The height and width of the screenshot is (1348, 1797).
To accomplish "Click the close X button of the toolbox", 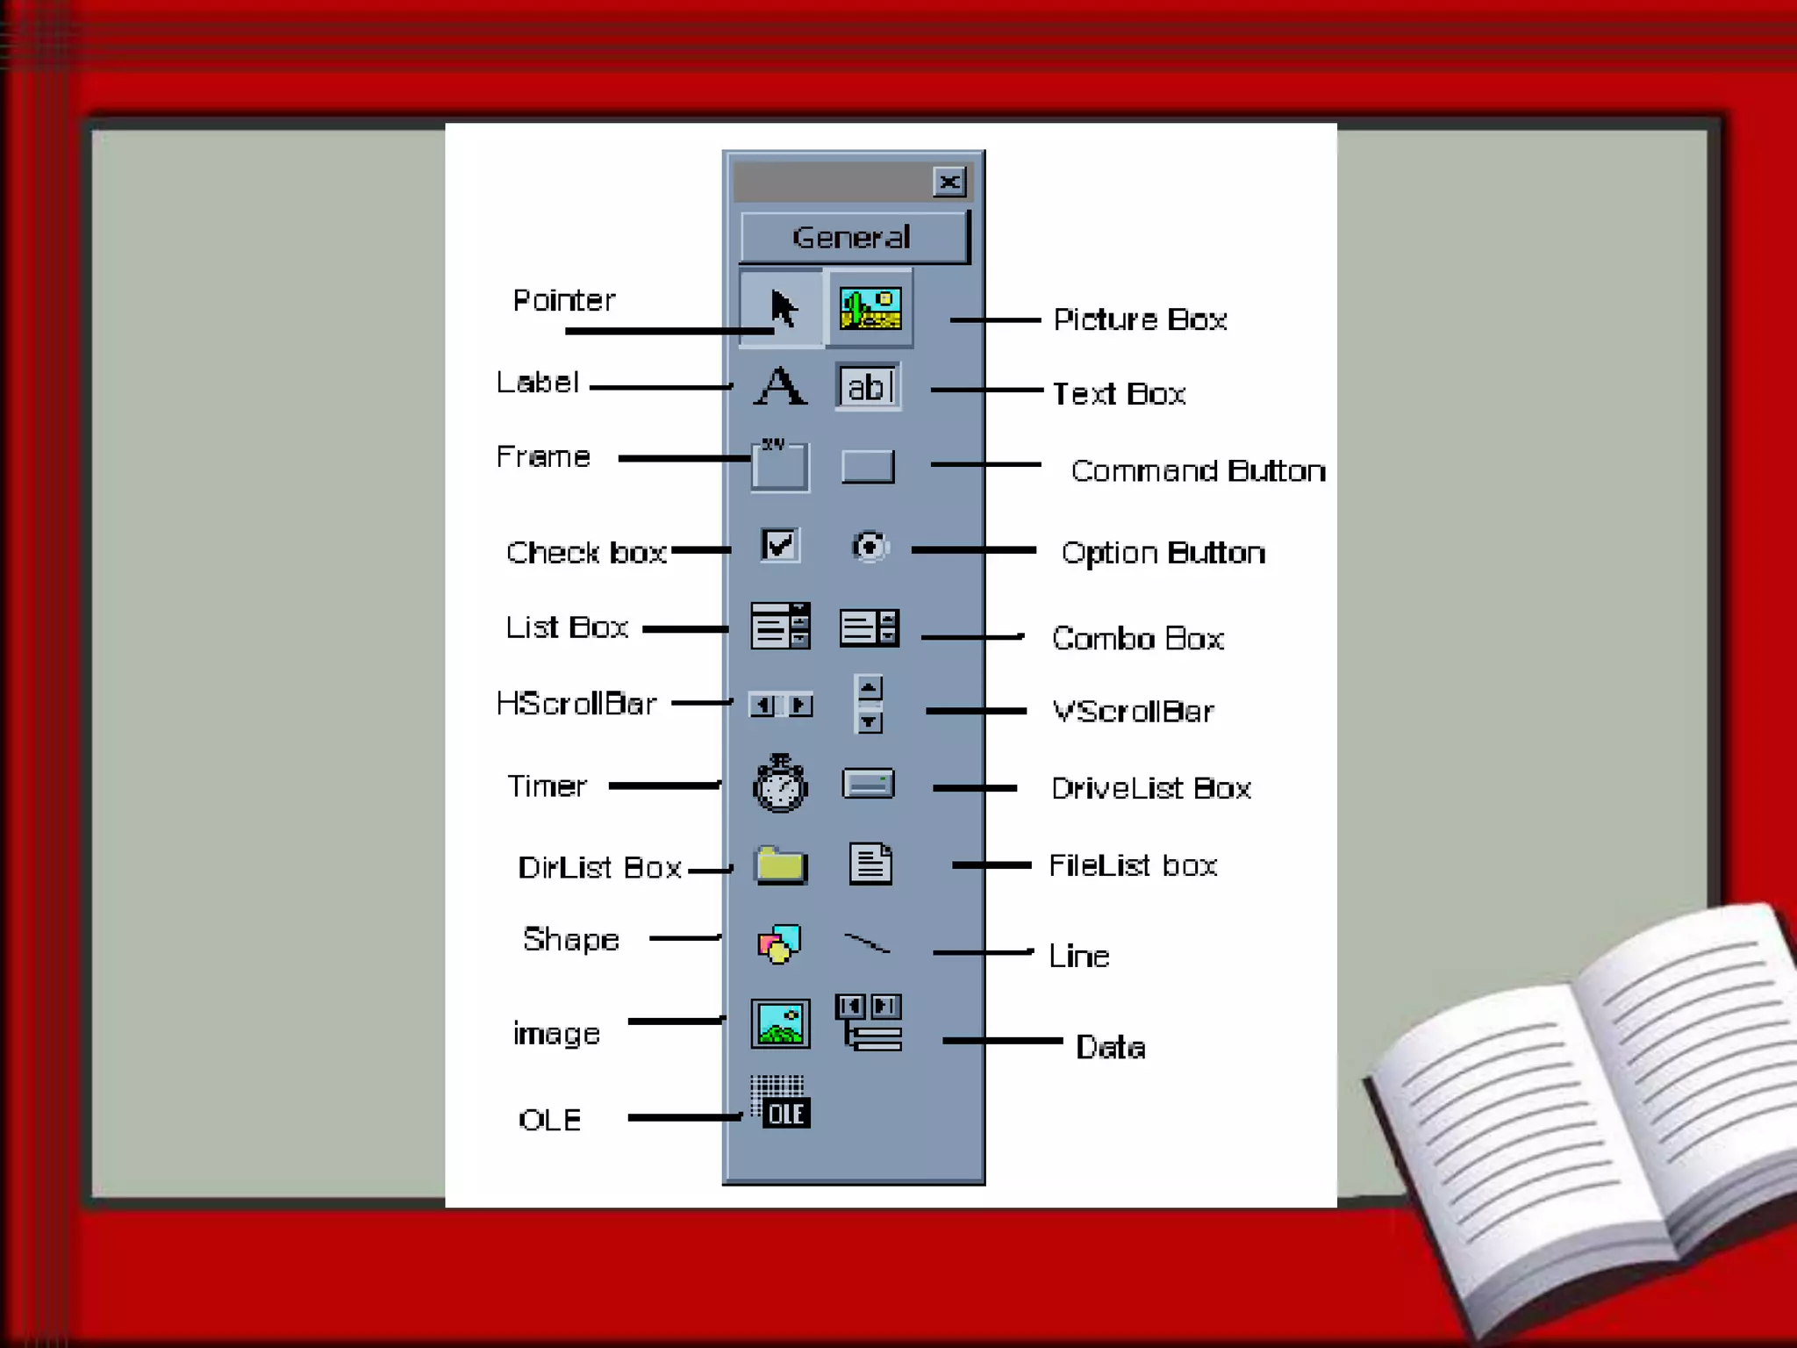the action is (949, 182).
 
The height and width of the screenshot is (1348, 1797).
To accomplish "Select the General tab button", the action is (853, 237).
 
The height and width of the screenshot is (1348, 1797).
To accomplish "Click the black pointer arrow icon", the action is (782, 308).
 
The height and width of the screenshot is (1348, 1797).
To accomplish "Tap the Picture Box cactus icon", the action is (870, 308).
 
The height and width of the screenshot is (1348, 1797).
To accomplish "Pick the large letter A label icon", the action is (780, 386).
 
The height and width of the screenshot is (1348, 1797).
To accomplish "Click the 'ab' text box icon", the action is (868, 387).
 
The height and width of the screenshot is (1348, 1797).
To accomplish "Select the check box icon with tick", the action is (779, 546).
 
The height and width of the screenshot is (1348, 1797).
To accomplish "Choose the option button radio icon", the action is (870, 547).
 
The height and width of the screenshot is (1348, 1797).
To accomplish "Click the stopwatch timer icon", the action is (780, 784).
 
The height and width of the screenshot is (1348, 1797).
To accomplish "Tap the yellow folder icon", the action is (781, 865).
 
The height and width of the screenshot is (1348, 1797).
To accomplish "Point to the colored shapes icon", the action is (779, 944).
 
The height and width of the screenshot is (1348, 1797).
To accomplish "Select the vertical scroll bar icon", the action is (869, 704).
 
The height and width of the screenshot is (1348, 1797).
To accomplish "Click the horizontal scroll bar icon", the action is (780, 705).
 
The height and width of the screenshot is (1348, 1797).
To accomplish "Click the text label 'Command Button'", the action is (1198, 471).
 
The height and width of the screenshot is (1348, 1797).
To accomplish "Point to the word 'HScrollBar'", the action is (576, 704).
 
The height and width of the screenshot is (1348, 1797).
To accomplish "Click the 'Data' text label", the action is (1111, 1048).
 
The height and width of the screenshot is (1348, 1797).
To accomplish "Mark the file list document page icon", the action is (870, 864).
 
